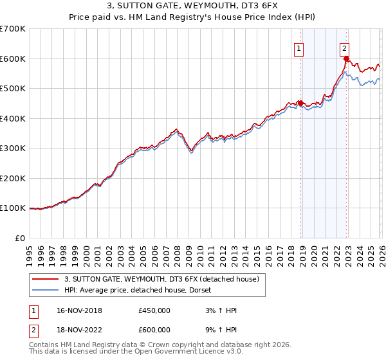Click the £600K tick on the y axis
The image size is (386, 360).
13,59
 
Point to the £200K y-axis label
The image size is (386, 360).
13,178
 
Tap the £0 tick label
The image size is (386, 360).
19,238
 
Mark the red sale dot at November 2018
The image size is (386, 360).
300,104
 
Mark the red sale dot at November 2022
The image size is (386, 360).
346,59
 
